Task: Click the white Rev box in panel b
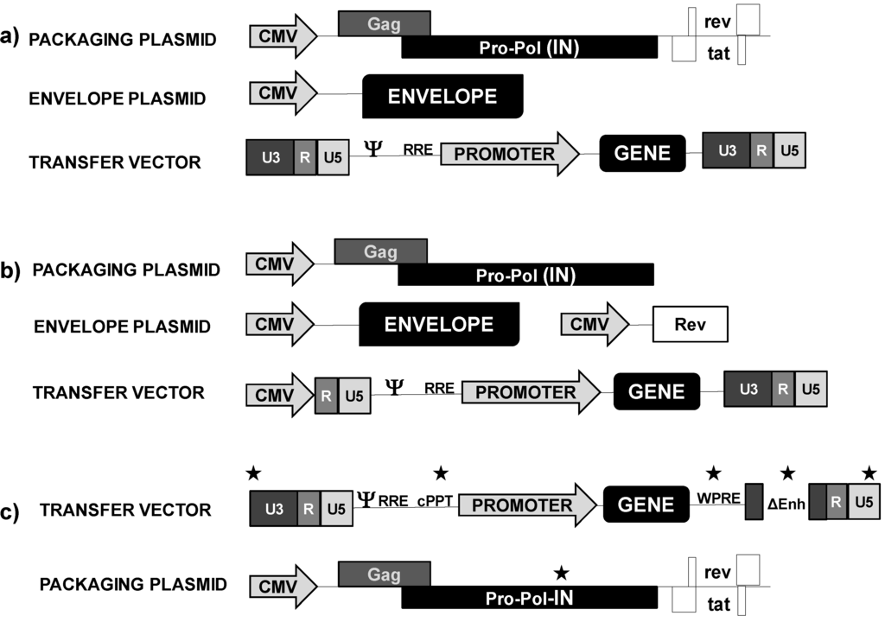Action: [x=690, y=325]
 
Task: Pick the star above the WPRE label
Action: [x=714, y=473]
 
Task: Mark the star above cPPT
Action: [x=441, y=473]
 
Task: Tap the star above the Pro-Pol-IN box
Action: [x=561, y=571]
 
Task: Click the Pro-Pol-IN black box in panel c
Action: [x=529, y=598]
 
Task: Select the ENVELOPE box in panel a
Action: [x=442, y=96]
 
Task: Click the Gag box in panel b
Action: [x=380, y=251]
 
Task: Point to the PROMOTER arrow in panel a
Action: [x=509, y=155]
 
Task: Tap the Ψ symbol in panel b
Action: [x=393, y=386]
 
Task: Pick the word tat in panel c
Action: [x=718, y=601]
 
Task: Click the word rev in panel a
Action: [x=717, y=19]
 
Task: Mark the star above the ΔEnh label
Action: [x=787, y=473]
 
